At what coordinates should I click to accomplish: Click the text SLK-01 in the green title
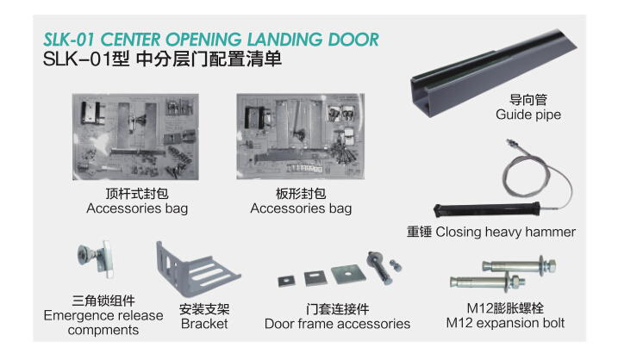click(x=69, y=40)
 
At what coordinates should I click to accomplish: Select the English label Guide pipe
click(x=527, y=115)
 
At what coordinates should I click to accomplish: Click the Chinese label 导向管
click(x=527, y=100)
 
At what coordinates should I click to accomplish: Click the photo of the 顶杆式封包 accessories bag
click(x=136, y=138)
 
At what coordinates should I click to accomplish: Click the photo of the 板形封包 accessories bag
click(x=300, y=138)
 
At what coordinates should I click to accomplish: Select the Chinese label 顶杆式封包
click(x=137, y=194)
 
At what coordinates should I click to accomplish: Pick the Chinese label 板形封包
click(x=301, y=194)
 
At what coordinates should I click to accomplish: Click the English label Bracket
click(x=204, y=324)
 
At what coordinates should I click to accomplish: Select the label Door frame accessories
click(x=337, y=324)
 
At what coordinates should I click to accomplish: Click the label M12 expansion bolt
click(x=505, y=323)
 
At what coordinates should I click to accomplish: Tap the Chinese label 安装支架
click(x=204, y=308)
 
